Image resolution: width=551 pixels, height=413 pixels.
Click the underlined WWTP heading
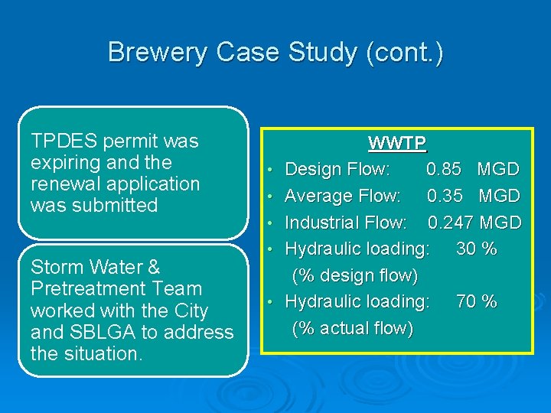[396, 143]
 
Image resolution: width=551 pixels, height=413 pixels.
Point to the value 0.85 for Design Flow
[443, 169]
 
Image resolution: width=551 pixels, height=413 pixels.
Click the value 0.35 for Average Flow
[445, 196]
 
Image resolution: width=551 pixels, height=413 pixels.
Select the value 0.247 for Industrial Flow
[450, 223]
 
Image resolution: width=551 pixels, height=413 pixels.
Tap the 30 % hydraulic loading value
[476, 249]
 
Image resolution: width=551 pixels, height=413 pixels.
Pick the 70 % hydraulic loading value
[476, 301]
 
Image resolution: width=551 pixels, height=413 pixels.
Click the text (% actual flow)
[352, 328]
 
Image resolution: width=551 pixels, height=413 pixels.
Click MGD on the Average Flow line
[499, 196]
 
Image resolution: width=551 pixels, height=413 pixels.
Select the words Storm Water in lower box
[95, 268]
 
